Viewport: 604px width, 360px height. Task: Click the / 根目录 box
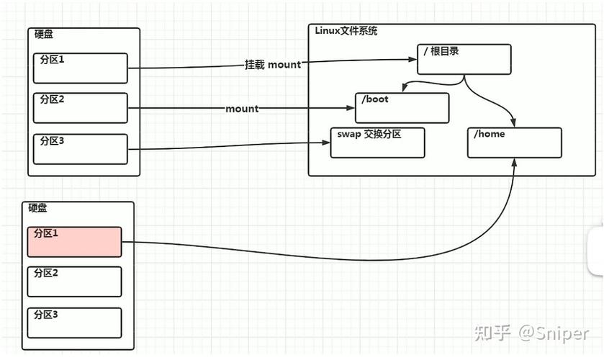click(x=464, y=59)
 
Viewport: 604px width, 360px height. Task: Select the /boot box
click(x=402, y=108)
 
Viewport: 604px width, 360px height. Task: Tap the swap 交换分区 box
click(x=377, y=143)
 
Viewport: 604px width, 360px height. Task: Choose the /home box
click(x=514, y=143)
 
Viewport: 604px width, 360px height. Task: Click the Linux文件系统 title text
click(x=346, y=31)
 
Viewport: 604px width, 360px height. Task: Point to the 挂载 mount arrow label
click(x=272, y=65)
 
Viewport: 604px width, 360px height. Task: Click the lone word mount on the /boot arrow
click(x=242, y=109)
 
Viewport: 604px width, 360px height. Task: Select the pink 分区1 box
click(x=74, y=242)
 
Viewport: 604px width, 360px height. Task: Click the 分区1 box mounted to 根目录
click(x=80, y=68)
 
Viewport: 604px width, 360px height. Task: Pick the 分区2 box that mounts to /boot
click(x=80, y=108)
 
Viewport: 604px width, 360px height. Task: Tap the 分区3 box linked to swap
click(x=80, y=149)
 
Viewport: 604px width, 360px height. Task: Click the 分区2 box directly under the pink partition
click(x=74, y=282)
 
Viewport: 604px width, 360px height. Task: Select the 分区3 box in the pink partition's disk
click(x=74, y=323)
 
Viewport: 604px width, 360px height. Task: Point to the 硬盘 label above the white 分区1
click(x=44, y=35)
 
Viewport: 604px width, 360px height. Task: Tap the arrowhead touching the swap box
click(x=327, y=143)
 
